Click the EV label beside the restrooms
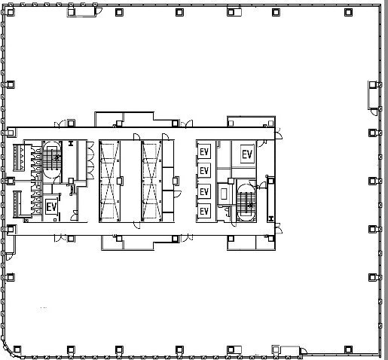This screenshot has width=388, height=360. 52,206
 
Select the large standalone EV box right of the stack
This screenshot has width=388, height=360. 246,154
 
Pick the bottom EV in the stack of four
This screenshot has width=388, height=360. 203,212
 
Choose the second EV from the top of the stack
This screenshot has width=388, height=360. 203,171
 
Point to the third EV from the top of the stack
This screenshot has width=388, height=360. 203,191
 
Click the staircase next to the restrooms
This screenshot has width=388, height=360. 51,159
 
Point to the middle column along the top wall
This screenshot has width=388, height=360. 179,11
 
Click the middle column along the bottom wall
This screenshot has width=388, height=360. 179,347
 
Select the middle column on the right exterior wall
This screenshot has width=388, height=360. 372,180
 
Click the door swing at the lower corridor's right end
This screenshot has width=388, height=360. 278,230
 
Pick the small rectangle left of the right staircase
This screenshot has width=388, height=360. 224,193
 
